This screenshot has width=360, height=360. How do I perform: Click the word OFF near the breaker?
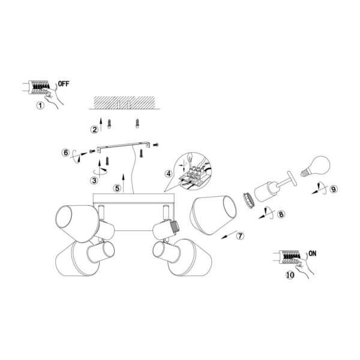pos(64,84)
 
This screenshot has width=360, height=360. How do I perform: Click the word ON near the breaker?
pos(312,253)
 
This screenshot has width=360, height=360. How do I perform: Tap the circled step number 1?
pos(40,106)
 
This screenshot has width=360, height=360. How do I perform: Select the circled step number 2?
pos(94,130)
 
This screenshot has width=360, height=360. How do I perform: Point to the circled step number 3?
pos(94,181)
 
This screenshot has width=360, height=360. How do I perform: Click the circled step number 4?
pos(169,174)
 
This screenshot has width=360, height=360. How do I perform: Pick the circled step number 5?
pos(118,188)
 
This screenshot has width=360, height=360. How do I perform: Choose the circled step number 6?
pos(65,152)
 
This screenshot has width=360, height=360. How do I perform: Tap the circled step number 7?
pos(240,236)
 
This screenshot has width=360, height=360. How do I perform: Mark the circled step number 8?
pos(281,214)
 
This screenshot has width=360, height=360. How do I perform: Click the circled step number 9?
pos(334,189)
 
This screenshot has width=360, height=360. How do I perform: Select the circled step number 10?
pos(290,275)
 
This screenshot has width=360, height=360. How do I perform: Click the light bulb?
pos(316,166)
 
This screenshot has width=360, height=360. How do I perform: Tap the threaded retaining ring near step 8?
pos(248,200)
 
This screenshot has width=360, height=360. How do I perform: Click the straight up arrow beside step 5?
pos(124,183)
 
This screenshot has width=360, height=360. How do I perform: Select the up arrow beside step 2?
pos(101,125)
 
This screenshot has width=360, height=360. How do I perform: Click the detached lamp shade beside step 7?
pos(213,215)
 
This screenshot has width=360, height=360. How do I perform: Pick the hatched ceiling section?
pos(124,103)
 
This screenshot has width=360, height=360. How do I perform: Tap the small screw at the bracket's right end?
pos(156,145)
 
